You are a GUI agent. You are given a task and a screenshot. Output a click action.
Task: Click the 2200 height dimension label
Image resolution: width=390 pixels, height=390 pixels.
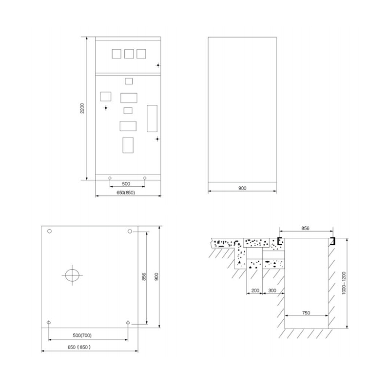click(x=82, y=108)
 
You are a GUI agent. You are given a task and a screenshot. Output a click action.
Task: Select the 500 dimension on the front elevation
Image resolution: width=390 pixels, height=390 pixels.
click(x=126, y=184)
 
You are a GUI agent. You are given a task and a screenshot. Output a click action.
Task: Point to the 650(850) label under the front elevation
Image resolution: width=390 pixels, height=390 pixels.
click(x=125, y=193)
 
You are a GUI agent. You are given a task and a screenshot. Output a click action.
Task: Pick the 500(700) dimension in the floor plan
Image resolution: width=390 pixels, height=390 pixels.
click(x=88, y=335)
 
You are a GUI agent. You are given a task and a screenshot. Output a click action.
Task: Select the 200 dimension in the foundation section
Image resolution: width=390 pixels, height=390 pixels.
click(x=255, y=290)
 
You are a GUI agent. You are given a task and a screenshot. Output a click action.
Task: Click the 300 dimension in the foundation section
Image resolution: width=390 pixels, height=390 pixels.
click(x=272, y=290)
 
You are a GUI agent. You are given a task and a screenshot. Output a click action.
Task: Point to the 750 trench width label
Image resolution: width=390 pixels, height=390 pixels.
click(x=306, y=312)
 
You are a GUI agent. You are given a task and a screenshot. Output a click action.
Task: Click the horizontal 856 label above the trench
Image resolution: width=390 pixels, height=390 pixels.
click(x=306, y=228)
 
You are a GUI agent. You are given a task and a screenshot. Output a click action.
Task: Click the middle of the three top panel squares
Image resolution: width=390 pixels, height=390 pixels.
click(x=129, y=54)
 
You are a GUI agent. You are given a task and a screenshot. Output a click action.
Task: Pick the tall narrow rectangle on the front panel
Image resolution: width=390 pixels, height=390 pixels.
click(x=153, y=118)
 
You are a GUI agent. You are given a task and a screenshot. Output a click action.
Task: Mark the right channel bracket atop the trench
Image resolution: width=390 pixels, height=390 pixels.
click(x=332, y=241)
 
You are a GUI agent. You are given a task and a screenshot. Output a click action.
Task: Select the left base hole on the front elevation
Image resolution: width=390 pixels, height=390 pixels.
click(x=110, y=177)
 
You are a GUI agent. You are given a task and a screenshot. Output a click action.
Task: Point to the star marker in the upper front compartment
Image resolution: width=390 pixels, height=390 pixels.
click(x=158, y=65)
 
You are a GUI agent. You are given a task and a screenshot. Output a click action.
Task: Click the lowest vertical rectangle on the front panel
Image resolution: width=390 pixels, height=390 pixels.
click(x=128, y=145)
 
